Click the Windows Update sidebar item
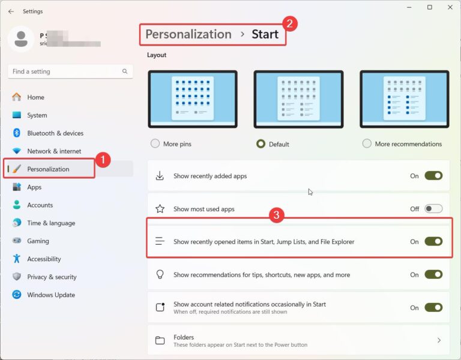tap(51, 295)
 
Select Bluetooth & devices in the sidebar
tap(55, 133)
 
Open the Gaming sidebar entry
tap(38, 241)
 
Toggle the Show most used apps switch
tap(433, 209)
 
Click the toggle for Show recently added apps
tap(433, 176)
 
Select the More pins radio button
tap(155, 144)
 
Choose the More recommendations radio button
tap(367, 144)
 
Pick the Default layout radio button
tap(261, 144)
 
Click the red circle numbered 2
tap(290, 23)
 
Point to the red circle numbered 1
tap(103, 160)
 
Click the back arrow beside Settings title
tap(11, 11)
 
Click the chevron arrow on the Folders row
tap(439, 340)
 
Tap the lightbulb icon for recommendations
tap(160, 274)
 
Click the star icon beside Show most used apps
tap(160, 209)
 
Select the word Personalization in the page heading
tap(188, 34)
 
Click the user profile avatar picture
tap(20, 39)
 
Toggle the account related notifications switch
tap(433, 307)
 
